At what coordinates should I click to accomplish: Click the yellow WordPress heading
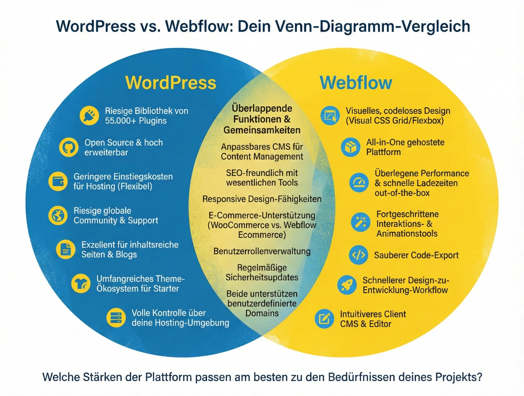pos(171,83)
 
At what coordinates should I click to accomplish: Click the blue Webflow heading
pos(356,83)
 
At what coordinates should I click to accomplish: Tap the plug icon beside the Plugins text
pos(89,116)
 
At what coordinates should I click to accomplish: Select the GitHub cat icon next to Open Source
pos(69,147)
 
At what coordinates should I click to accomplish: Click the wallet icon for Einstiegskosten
pos(58,181)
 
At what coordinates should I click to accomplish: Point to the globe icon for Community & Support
pos(58,215)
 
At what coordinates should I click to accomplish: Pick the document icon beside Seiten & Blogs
pos(66,249)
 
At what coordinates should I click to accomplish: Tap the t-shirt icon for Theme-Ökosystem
pos(81,283)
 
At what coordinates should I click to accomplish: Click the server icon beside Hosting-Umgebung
pos(116,317)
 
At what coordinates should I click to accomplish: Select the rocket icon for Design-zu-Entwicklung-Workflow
pos(347,285)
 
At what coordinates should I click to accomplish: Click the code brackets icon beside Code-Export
pos(358,255)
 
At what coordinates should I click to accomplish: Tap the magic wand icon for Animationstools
pos(361,222)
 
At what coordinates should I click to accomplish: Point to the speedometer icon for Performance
pos(359,183)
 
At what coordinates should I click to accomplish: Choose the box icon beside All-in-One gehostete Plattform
pos(351,147)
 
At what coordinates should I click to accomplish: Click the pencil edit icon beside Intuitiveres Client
pos(324,319)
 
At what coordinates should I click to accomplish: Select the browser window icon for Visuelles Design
pos(330,116)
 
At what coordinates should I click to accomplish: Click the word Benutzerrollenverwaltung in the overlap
pos(262,251)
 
